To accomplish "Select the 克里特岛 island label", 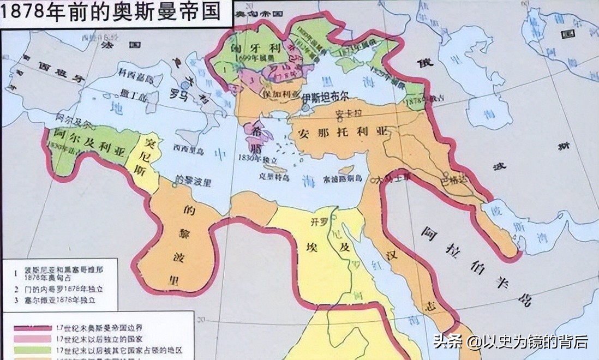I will coord(273,177).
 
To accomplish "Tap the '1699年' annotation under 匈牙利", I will coord(253,58).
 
